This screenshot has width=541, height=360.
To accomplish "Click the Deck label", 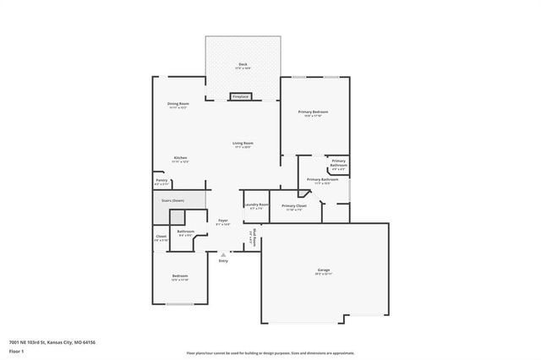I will (243, 64).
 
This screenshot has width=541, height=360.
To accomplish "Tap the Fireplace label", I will (240, 97).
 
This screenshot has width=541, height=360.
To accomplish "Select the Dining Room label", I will (178, 104).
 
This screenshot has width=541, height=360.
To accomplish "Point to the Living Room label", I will (243, 143).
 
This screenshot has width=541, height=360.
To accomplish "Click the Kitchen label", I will (180, 158).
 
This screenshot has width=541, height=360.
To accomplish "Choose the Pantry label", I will (161, 180).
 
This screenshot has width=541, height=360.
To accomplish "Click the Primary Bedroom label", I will (313, 112).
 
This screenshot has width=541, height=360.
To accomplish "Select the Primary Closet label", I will (294, 205).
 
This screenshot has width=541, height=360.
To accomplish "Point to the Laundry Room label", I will (256, 205).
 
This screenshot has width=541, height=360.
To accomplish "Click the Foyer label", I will (222, 221).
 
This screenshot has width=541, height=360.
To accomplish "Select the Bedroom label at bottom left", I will (180, 275).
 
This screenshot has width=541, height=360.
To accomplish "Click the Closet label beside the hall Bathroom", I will (161, 237).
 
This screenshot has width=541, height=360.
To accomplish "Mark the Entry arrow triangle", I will (223, 254).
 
